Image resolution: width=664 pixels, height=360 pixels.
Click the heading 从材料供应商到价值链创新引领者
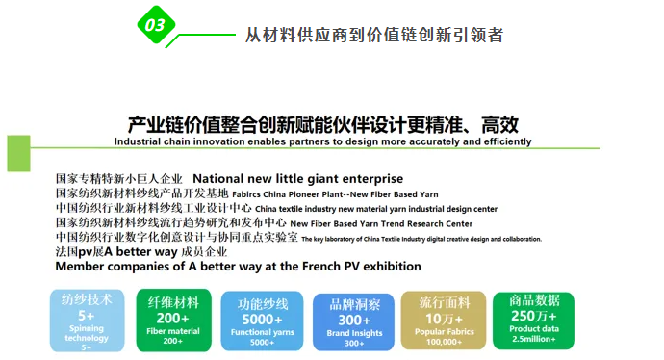point(374,35)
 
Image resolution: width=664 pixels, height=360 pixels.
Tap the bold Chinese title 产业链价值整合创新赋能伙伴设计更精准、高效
point(323,124)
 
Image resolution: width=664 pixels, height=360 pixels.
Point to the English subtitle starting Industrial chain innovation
point(322,141)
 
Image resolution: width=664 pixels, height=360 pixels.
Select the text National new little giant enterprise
point(298,179)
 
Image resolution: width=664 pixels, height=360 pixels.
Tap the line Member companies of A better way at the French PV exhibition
point(238,266)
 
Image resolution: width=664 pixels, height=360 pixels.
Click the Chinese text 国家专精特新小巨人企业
point(119,179)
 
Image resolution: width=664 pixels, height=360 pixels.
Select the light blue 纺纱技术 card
point(87,320)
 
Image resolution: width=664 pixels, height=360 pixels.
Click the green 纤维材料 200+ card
point(173,320)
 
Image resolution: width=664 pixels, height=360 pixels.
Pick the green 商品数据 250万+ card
point(533,320)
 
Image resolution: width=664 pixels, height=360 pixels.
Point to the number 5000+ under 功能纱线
point(262,320)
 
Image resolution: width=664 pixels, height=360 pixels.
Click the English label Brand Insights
point(354,332)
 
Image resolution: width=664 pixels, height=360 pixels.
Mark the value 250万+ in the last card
point(533,316)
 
